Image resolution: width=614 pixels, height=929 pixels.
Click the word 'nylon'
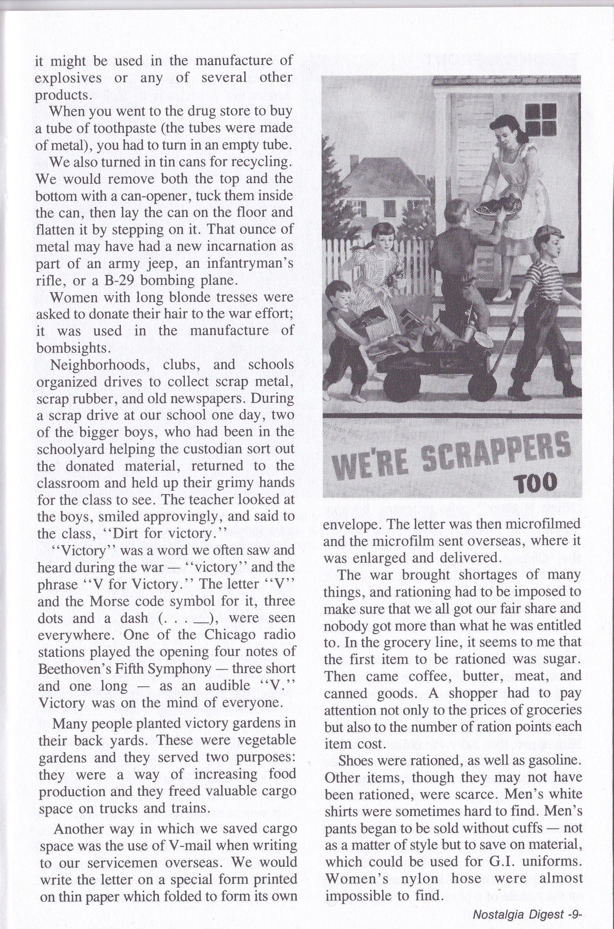[x=418, y=879]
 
